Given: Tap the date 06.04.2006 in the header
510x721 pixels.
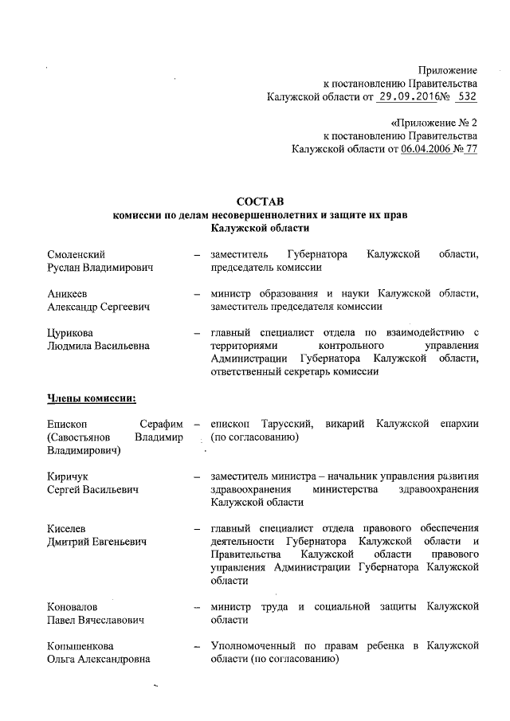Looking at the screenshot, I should tap(426, 148).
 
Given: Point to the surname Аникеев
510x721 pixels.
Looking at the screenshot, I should tap(70, 293).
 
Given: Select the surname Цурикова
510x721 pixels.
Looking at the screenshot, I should tap(73, 332).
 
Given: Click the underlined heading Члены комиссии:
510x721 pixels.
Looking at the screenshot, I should tap(92, 398).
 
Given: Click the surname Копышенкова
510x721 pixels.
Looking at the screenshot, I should tap(80, 645).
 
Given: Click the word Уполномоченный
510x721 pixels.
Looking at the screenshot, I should tap(253, 645).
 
